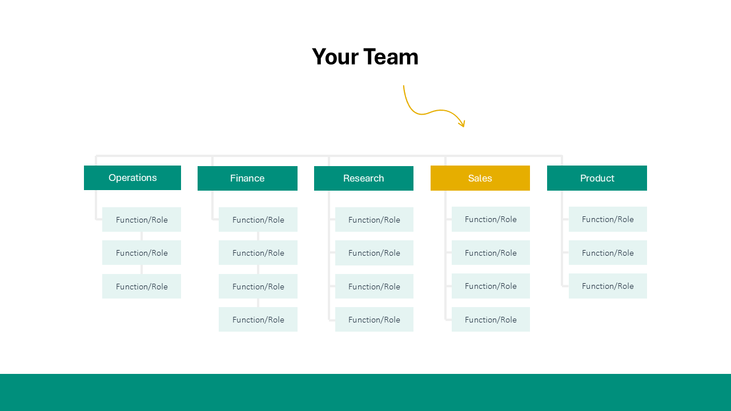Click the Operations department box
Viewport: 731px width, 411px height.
132,178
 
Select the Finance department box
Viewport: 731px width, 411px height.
247,178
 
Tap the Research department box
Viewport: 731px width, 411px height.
364,178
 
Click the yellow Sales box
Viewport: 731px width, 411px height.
480,178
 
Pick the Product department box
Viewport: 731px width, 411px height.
597,178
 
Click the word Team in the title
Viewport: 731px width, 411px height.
391,57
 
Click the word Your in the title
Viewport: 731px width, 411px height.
335,57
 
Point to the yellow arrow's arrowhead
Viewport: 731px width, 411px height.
463,124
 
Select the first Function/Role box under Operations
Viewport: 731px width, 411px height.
142,220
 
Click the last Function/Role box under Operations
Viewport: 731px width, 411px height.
142,287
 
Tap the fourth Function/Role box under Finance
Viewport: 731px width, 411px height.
258,320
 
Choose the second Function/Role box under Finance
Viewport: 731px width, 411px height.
258,253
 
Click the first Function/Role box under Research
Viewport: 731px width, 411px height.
374,220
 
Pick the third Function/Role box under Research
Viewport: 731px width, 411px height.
374,287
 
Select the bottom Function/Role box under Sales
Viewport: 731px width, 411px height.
491,320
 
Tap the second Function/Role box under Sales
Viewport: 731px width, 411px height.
491,253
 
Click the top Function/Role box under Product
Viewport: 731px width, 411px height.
608,219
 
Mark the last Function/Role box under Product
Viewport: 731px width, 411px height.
608,286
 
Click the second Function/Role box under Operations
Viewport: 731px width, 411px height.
142,253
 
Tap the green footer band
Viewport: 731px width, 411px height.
365,393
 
